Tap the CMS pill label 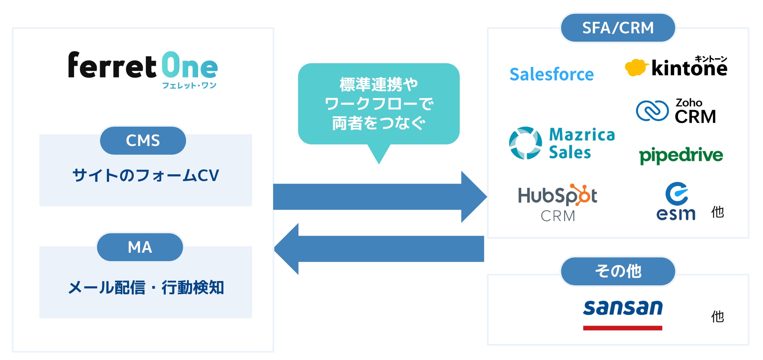(143, 140)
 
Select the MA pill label (140, 247)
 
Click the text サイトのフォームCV (146, 175)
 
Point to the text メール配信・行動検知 (146, 287)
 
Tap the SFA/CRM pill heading (618, 28)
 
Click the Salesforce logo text (552, 74)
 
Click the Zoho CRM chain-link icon (652, 111)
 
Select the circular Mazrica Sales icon (526, 143)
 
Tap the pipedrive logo (681, 155)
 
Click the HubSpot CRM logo (558, 202)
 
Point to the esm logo (676, 202)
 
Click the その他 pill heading (618, 271)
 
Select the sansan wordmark (623, 308)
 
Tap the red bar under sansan (623, 328)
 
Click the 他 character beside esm (717, 212)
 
